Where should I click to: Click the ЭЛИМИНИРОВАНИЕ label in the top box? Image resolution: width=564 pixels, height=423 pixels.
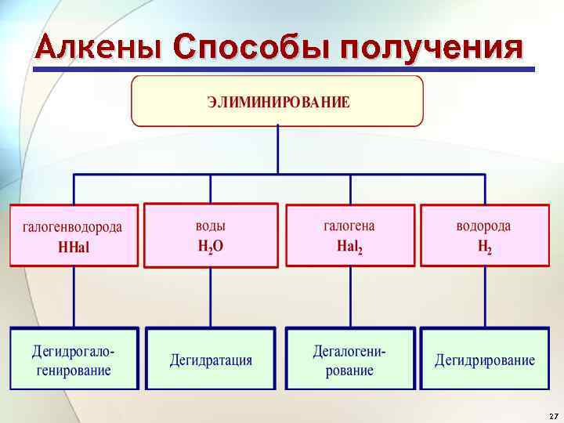(278, 102)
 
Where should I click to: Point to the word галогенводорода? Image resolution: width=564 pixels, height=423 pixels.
(73, 227)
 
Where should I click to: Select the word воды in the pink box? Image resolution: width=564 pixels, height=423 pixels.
(210, 226)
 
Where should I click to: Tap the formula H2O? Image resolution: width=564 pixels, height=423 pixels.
(210, 246)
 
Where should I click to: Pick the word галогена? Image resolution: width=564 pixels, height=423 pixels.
(349, 226)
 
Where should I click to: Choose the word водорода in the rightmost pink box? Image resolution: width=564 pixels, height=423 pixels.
(484, 226)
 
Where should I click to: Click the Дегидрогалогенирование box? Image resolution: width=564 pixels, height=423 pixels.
(74, 359)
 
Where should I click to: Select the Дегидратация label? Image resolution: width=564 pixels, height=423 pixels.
(211, 360)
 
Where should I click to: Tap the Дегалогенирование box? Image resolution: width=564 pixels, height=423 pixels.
(349, 359)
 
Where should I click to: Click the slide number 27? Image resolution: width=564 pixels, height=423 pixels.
(553, 415)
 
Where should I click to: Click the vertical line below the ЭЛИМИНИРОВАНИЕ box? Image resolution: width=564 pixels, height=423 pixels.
(278, 150)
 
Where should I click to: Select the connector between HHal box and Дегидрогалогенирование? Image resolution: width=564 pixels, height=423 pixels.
(74, 298)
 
